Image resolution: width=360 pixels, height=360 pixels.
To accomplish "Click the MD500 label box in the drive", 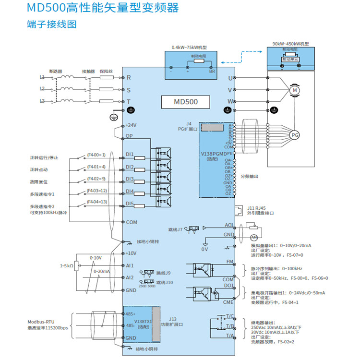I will [x=185, y=102].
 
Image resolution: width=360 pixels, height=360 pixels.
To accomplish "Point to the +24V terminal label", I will [x=131, y=125].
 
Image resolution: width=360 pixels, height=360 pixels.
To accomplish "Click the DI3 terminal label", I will [x=130, y=179].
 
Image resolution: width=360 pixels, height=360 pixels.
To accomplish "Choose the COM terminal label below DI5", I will [x=132, y=222].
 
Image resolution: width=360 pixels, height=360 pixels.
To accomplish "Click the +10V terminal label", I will [x=131, y=253].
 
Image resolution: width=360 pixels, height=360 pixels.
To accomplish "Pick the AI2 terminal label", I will [x=130, y=277].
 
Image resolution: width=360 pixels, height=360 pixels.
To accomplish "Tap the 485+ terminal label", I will [x=131, y=313].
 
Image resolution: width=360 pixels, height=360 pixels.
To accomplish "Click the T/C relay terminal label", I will [x=229, y=317].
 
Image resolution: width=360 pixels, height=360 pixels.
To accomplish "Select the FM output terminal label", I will [x=229, y=262].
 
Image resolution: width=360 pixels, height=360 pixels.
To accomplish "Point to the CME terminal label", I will [x=228, y=302].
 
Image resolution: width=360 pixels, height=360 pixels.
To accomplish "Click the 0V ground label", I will [x=205, y=249].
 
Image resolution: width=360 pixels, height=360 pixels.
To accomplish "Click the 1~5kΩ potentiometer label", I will [x=66, y=265].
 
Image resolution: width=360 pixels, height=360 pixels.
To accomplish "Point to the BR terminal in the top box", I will [x=212, y=72].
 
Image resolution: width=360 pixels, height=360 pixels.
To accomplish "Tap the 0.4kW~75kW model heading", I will [x=189, y=48].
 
